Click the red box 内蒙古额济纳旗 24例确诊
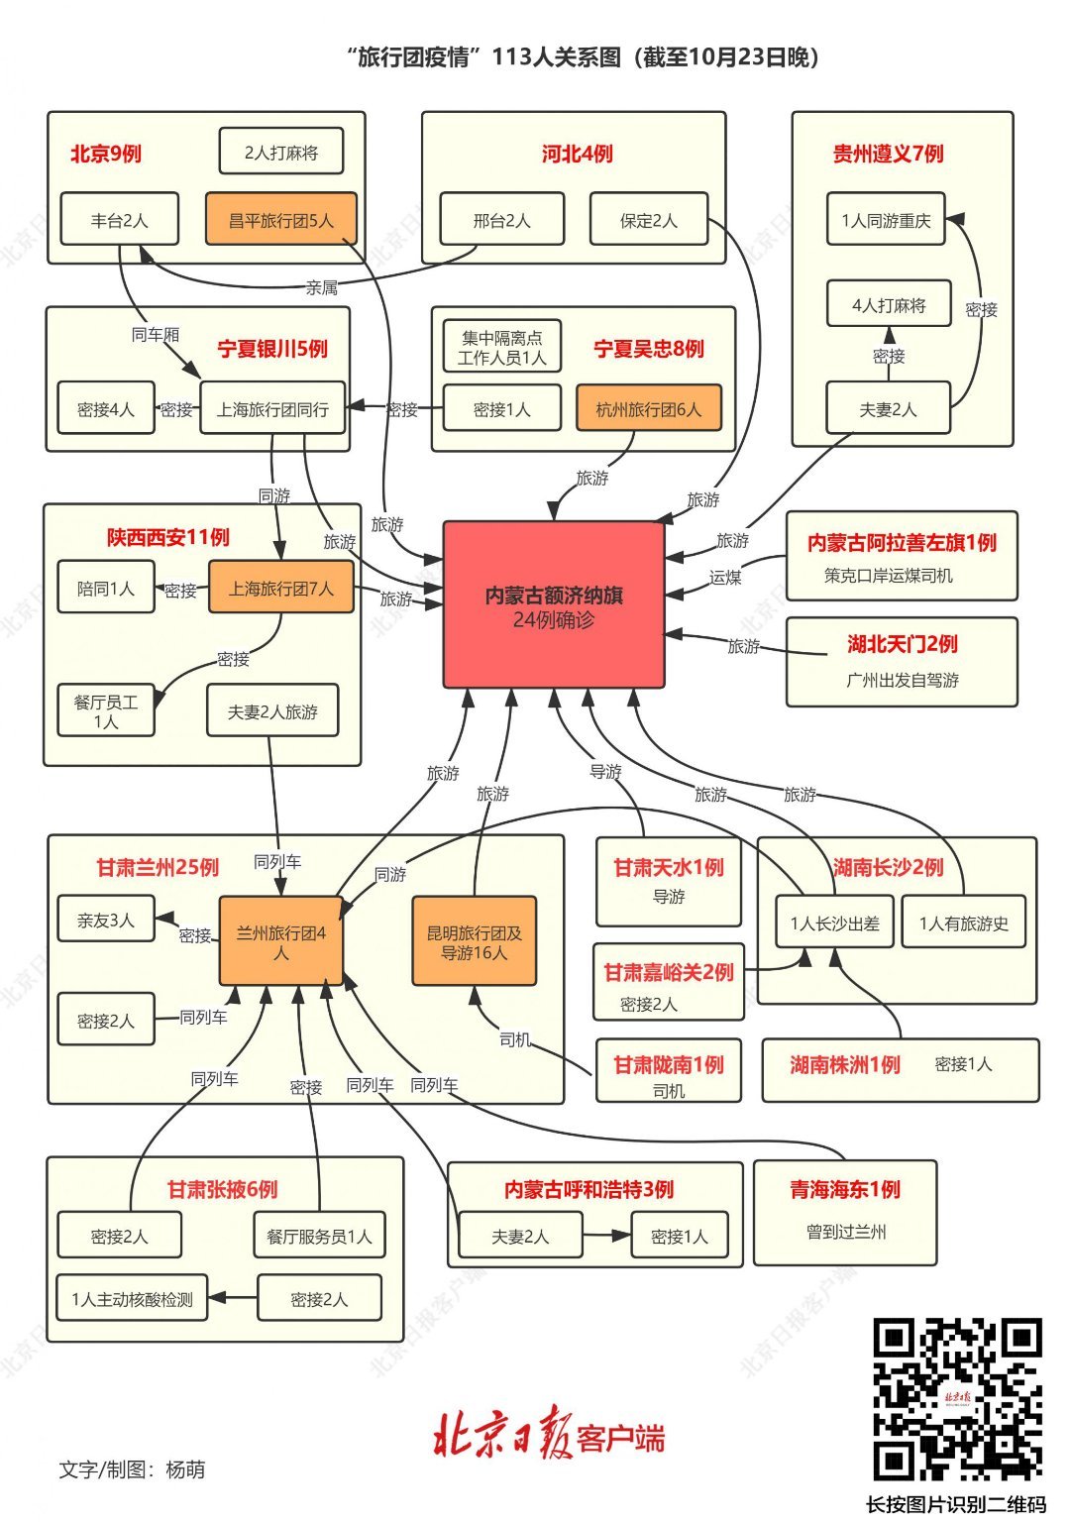553,604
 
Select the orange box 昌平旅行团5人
280,220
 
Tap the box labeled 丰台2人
119,220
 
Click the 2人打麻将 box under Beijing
281,153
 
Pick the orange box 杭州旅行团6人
648,409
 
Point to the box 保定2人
648,220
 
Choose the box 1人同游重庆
886,220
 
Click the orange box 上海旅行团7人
280,589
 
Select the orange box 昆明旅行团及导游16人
474,941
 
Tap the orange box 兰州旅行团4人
280,941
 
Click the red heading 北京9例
106,154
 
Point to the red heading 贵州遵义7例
888,154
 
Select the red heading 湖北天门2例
902,644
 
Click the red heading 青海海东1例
844,1189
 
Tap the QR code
956,1399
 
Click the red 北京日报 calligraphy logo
500,1437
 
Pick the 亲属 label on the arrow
321,288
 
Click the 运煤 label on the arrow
725,577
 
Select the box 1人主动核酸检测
132,1299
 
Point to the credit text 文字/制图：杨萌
132,1469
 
